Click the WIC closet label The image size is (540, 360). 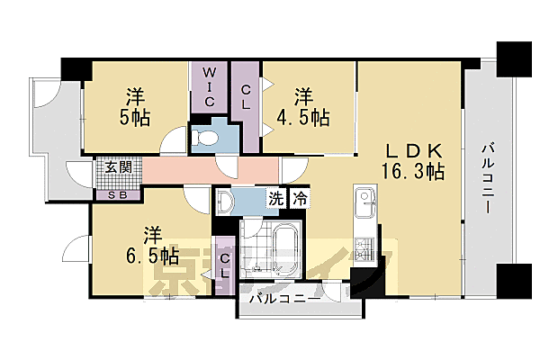pos(208,85)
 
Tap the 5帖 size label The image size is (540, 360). pos(136,116)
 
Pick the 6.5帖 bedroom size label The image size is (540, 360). pos(154,256)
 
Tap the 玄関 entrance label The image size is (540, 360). pos(117,167)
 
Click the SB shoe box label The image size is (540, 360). pos(117,193)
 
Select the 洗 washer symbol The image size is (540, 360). pos(273,200)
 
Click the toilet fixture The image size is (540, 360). pos(205,138)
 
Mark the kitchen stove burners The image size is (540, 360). pos(365,251)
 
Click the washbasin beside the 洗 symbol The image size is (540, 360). pos(226,201)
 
